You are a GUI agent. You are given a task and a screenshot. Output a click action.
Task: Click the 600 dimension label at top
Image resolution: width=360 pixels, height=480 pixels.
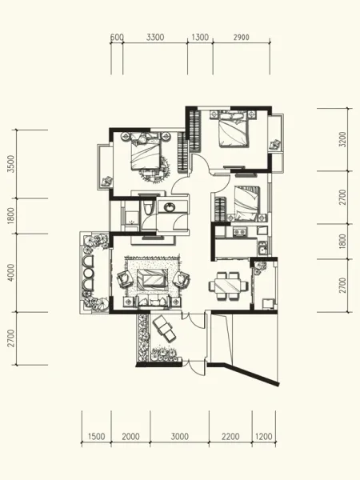click(x=117, y=37)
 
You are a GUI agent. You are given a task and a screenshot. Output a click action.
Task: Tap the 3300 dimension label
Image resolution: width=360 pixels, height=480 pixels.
click(x=155, y=38)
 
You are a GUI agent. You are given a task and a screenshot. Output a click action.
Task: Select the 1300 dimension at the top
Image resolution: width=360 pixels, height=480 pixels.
click(x=200, y=38)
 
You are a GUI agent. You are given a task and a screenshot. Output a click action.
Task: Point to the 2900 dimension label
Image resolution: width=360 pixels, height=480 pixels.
click(x=242, y=38)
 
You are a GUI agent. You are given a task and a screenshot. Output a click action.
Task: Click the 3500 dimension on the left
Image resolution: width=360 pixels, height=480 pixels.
click(x=11, y=164)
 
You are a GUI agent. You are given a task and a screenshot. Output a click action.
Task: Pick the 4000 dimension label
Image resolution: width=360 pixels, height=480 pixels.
click(x=11, y=273)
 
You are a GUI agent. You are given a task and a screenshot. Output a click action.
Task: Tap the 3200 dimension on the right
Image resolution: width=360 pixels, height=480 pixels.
click(x=343, y=139)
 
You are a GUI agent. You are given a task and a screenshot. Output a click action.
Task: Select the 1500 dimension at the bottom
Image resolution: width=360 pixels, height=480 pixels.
click(x=97, y=437)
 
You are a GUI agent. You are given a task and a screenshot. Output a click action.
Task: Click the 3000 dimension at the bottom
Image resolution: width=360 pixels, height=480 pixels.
click(x=180, y=437)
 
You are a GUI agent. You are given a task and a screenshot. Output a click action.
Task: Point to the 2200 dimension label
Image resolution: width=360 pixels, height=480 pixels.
click(x=230, y=437)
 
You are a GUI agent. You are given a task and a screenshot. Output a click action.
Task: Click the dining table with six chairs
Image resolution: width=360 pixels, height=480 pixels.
click(x=228, y=286)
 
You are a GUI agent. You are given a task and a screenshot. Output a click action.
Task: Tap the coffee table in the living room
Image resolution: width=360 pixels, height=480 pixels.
click(x=151, y=278)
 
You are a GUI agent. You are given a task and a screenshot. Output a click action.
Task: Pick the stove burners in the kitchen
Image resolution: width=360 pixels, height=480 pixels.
click(x=239, y=232)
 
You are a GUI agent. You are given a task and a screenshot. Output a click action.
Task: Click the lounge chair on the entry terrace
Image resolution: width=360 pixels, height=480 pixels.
click(x=164, y=330)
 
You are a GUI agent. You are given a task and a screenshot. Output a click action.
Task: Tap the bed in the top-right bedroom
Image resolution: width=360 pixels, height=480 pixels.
click(x=234, y=129)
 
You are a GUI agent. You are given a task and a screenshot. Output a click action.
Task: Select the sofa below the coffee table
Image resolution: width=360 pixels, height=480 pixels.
click(x=153, y=300)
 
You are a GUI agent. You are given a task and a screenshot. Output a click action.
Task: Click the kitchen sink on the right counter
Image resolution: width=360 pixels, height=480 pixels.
click(x=262, y=248)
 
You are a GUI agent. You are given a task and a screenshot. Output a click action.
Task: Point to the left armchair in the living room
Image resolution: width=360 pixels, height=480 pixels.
click(x=125, y=279)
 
